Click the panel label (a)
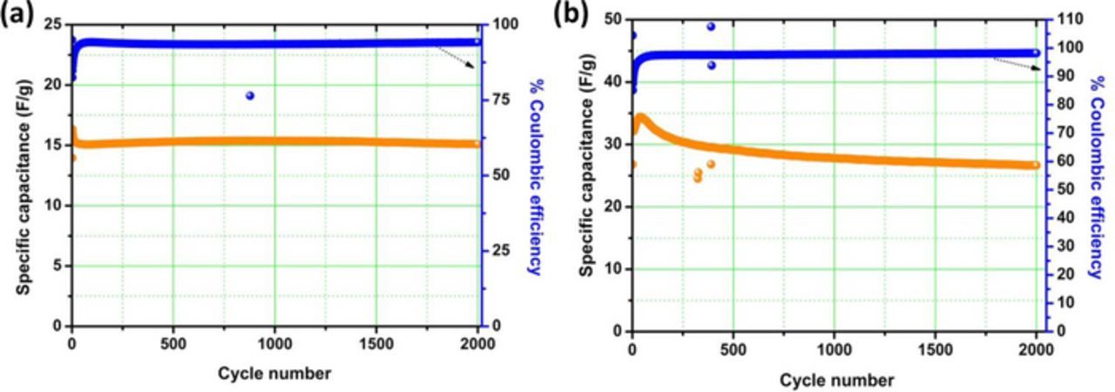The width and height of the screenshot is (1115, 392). [x=17, y=17]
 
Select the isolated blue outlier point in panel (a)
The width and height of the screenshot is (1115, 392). [x=250, y=96]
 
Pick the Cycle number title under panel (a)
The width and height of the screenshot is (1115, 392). [x=275, y=374]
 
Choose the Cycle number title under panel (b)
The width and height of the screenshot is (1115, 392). [x=836, y=380]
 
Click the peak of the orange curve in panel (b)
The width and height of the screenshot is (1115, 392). [x=642, y=117]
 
